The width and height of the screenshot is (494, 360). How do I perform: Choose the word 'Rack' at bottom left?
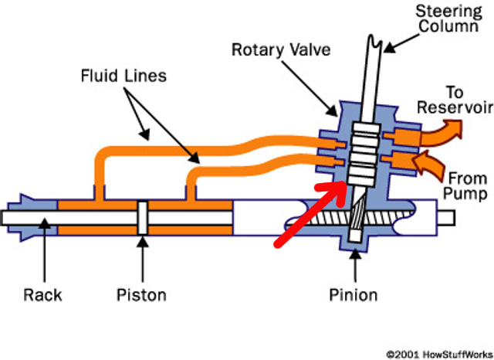(x=42, y=294)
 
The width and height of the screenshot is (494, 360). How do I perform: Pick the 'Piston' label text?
(x=141, y=294)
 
